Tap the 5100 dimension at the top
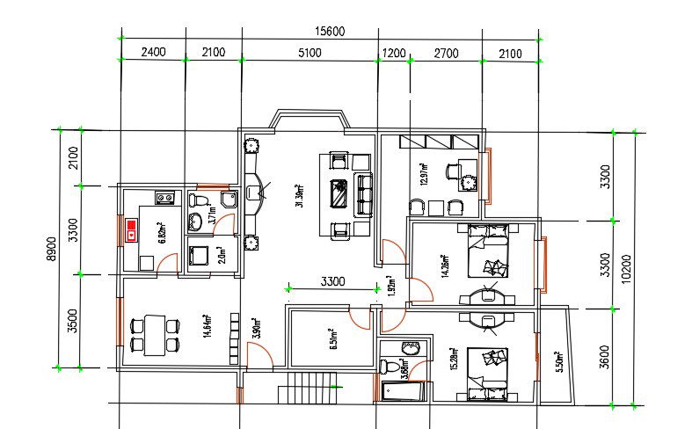point(310,53)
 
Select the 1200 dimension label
point(394,53)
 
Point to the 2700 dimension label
point(447,53)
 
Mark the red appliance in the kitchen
point(132,231)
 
